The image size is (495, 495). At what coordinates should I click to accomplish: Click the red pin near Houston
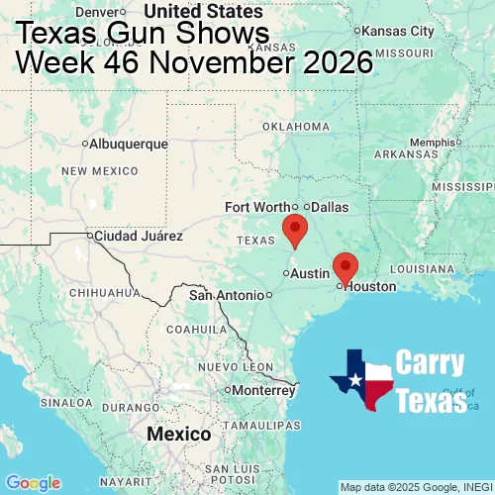[x=345, y=266]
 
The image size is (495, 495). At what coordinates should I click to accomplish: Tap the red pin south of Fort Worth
[x=294, y=229]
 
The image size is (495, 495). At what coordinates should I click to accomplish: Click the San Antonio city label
[x=228, y=295]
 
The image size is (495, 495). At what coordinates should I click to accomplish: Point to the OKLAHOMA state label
[x=296, y=127]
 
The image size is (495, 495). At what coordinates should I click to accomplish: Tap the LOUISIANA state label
[x=422, y=268]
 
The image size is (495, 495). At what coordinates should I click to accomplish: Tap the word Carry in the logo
[x=431, y=363]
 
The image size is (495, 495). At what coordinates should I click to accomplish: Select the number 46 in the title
[x=130, y=63]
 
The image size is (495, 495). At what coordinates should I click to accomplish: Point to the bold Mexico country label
[x=178, y=435]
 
